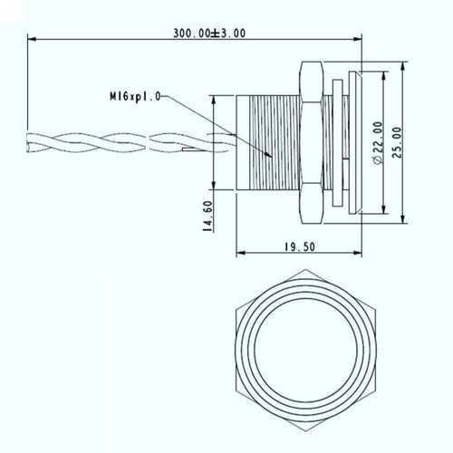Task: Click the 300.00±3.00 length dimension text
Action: [x=209, y=33]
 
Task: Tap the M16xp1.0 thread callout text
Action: [x=135, y=97]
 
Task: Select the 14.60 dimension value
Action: [x=208, y=217]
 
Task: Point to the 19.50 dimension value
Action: [x=300, y=247]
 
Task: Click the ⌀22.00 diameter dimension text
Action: [x=379, y=143]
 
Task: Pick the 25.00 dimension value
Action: [x=397, y=142]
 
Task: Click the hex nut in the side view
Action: [x=311, y=142]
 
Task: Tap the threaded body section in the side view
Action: [x=275, y=142]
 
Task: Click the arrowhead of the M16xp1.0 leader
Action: [x=269, y=155]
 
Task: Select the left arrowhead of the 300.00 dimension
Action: [x=32, y=39]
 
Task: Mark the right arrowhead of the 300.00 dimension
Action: [x=358, y=39]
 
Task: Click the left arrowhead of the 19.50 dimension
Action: [x=240, y=253]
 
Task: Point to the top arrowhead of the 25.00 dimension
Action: [x=402, y=66]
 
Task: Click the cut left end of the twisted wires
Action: [x=29, y=143]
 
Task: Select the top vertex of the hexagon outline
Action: [x=305, y=270]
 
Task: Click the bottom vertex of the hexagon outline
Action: [x=305, y=431]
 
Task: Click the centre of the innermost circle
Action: [x=306, y=351]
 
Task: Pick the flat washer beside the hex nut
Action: [x=338, y=143]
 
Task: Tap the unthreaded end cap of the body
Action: [x=243, y=142]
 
